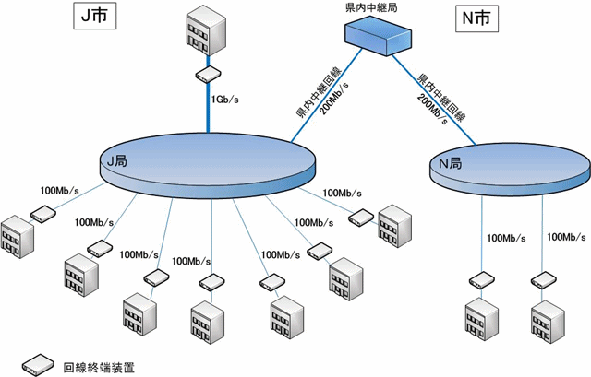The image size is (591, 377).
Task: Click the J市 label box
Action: (x=93, y=17)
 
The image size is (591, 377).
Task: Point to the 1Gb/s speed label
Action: (x=226, y=99)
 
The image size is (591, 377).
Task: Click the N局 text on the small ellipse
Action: (x=450, y=164)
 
